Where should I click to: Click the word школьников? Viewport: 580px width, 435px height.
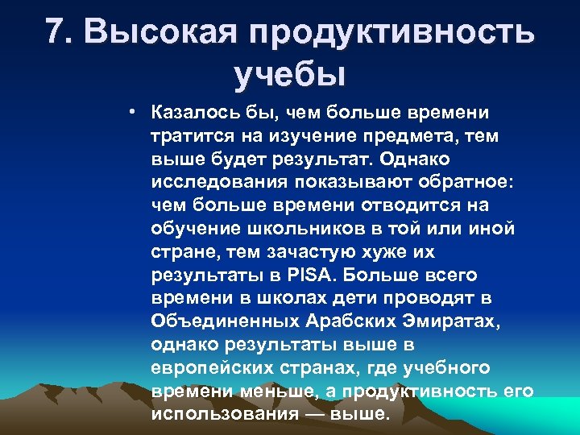tap(295, 230)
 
